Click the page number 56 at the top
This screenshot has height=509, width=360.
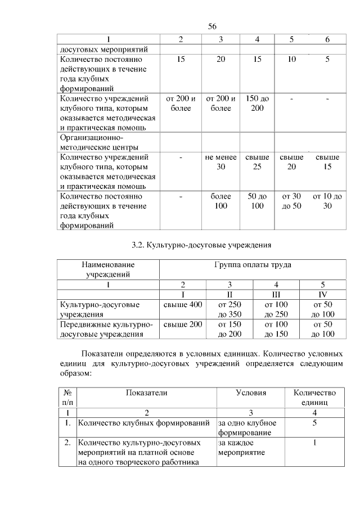click(x=212, y=26)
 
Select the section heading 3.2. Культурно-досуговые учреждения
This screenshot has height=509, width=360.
click(x=201, y=245)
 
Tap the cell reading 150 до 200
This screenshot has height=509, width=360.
click(x=257, y=103)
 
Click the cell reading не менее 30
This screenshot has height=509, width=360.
click(x=220, y=162)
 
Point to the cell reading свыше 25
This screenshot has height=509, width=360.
click(x=257, y=162)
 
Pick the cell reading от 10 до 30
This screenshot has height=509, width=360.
click(x=327, y=201)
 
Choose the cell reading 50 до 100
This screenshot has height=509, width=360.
click(x=257, y=201)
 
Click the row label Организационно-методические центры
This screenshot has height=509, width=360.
click(x=93, y=142)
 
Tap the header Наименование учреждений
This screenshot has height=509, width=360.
click(x=109, y=269)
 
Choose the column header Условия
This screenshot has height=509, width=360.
click(x=251, y=393)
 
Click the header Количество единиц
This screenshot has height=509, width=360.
click(x=315, y=398)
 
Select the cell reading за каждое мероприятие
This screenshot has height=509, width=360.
click(x=238, y=448)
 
